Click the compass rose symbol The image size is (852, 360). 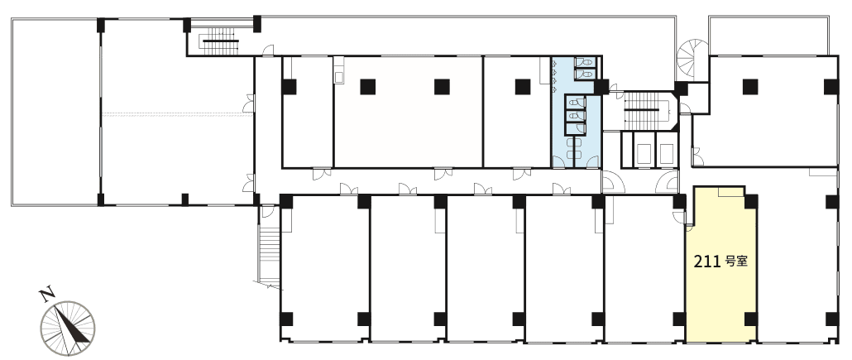67,329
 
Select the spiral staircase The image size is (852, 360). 692,60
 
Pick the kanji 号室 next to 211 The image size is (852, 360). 737,262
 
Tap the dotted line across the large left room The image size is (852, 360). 178,113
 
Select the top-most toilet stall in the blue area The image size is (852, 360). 586,63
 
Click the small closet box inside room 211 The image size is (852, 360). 730,192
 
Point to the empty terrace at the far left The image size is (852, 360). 55,112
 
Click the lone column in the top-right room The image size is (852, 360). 750,86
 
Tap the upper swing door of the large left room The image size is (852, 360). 249,103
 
